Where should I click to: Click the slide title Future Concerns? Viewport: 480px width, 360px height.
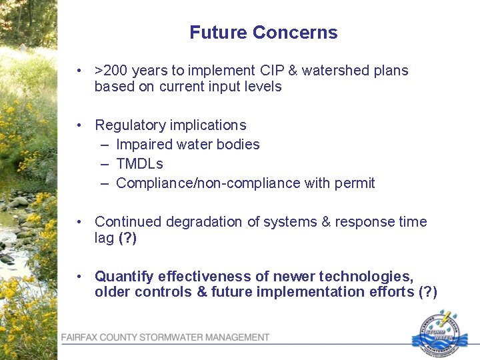coord(263,33)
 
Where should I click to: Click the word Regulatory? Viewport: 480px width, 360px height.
coord(128,125)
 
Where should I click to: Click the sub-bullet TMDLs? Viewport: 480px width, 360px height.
coord(139,164)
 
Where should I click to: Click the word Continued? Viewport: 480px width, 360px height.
coord(125,222)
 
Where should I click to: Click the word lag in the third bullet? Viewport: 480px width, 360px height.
coord(104,238)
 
